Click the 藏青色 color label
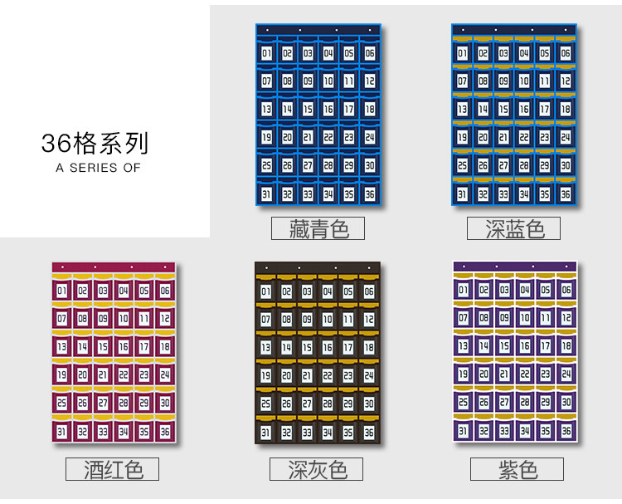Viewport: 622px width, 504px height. tap(318, 228)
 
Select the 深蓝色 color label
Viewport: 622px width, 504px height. tap(513, 228)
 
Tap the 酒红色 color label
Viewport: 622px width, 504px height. tap(112, 469)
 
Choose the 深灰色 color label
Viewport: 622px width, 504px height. tap(318, 469)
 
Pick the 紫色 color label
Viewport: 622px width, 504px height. tap(517, 469)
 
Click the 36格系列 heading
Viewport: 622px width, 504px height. tap(95, 143)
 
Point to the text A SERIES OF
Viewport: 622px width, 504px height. tap(98, 168)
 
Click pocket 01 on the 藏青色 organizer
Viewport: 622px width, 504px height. tap(266, 54)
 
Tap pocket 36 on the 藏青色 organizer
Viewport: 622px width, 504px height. tap(369, 194)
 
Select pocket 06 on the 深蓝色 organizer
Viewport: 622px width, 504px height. tap(566, 54)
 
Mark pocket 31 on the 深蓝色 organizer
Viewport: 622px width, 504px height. tap(463, 194)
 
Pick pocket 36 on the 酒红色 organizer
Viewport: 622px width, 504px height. tap(164, 432)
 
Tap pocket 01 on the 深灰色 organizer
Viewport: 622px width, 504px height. tap(266, 291)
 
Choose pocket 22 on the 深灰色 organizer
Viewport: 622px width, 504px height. tap(328, 375)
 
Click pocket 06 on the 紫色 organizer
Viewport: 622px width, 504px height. tap(566, 290)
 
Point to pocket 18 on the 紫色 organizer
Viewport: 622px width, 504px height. tap(566, 345)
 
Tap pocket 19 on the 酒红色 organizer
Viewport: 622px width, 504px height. tap(62, 375)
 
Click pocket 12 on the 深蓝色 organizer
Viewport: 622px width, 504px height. tap(566, 81)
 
